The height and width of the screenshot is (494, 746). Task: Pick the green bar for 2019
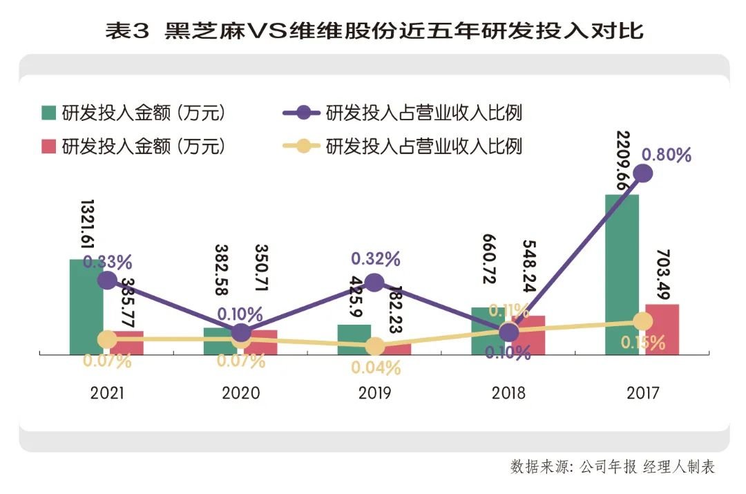354,339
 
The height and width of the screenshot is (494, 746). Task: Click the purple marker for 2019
374,282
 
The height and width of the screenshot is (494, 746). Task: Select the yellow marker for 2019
374,346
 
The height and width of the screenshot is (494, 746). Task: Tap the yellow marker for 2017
643,321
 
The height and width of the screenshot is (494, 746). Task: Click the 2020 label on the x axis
241,393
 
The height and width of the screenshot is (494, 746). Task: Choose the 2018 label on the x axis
509,393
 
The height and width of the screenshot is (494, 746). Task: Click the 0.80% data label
666,154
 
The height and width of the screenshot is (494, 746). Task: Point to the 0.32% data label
375,259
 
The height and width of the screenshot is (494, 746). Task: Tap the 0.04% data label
375,368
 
